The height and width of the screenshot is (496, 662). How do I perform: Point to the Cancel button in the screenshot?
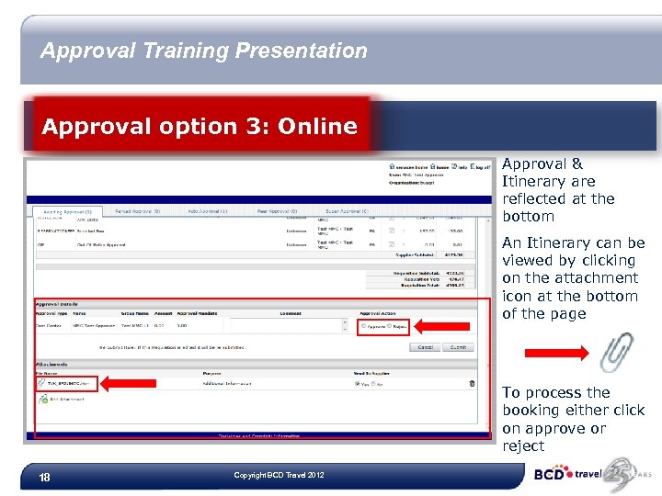click(426, 347)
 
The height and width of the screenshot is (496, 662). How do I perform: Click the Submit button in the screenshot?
click(456, 347)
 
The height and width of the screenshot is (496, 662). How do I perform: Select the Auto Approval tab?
click(206, 210)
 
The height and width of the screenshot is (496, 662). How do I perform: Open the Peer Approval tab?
click(277, 210)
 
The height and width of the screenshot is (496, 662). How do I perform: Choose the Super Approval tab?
click(344, 210)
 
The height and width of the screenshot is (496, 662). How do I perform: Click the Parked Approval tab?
click(137, 210)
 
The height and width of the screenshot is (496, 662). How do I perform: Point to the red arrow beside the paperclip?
click(555, 353)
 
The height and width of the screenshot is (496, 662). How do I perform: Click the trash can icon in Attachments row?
click(472, 383)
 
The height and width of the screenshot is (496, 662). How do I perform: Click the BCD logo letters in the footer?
click(549, 475)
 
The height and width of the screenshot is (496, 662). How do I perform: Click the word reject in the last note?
click(523, 445)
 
